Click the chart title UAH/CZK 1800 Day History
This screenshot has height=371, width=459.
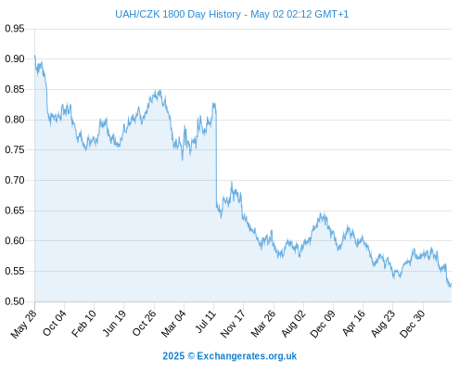point(178,14)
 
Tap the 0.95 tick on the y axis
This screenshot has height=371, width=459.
point(15,29)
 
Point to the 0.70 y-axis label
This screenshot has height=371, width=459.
point(15,180)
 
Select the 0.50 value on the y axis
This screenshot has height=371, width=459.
point(15,301)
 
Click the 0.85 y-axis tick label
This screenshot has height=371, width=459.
point(15,89)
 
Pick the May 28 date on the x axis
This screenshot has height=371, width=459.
point(23,324)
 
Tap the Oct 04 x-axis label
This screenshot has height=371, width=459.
point(55,323)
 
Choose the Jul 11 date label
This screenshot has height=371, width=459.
point(206,322)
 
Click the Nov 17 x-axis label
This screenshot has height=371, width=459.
point(233,324)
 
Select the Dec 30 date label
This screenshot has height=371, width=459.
point(413,324)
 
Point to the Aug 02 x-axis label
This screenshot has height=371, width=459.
point(293,324)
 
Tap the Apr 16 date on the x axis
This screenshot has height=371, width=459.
point(353,323)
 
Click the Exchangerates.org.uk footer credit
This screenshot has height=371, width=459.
point(247,356)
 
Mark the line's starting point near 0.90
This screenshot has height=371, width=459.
point(34,56)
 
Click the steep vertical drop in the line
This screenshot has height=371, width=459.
point(216,158)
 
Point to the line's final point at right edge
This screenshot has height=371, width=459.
point(452,284)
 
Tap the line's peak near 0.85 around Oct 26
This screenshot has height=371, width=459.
point(159,90)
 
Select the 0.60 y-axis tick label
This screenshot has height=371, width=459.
point(15,240)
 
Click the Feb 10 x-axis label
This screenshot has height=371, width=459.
point(83,324)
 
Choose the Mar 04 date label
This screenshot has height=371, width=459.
point(173,324)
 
